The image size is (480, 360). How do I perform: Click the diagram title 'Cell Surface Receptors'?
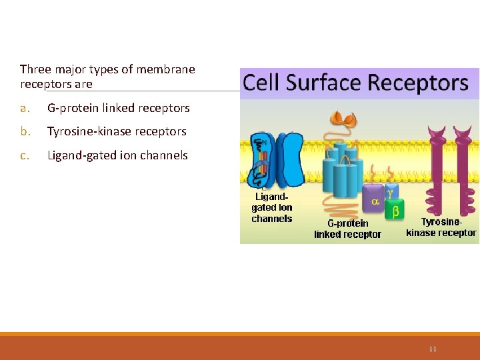(x=355, y=83)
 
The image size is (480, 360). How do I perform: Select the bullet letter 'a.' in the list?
(x=25, y=108)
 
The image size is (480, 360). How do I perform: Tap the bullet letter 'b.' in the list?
(x=25, y=131)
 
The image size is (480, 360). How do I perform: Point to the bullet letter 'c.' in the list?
(x=24, y=155)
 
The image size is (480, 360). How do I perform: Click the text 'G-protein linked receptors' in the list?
(x=119, y=108)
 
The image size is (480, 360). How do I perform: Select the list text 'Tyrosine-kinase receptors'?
(x=117, y=131)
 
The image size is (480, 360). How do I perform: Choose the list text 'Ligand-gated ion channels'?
(x=117, y=155)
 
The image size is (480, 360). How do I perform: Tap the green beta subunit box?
(x=395, y=211)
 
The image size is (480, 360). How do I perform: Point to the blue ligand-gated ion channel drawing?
(x=275, y=160)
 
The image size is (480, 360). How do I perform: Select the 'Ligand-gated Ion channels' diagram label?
(x=271, y=208)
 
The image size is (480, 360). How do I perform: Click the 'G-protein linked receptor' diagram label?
(x=347, y=229)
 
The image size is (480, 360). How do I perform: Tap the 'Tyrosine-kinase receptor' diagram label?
(x=441, y=227)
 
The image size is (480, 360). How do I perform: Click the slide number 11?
(x=433, y=349)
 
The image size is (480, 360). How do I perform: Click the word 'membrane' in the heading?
(x=171, y=69)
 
